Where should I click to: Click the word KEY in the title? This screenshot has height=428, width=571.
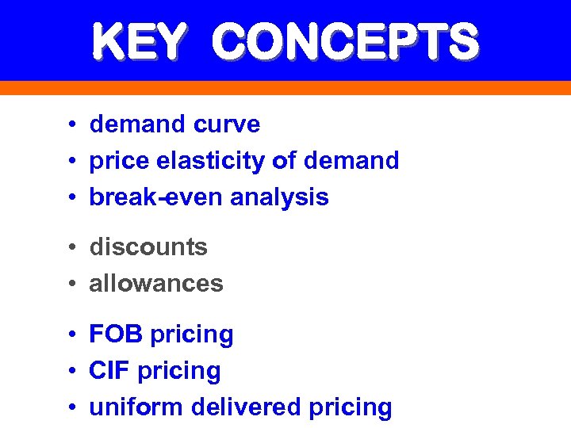pyautogui.click(x=139, y=42)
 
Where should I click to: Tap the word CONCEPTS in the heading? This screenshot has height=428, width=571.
pyautogui.click(x=346, y=42)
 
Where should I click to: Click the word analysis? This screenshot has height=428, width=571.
pyautogui.click(x=279, y=197)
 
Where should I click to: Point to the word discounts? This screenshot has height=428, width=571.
pyautogui.click(x=148, y=247)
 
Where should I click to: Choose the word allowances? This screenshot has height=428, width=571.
pyautogui.click(x=156, y=284)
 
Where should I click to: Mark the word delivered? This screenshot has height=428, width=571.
pyautogui.click(x=239, y=407)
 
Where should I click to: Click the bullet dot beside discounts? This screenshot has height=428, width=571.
pyautogui.click(x=71, y=248)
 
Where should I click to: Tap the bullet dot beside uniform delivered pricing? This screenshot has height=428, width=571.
pyautogui.click(x=71, y=408)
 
